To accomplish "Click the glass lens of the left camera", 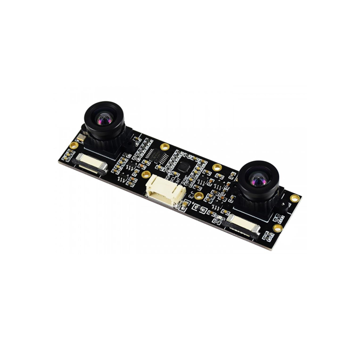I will (104, 120).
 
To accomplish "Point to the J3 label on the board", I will (191, 195).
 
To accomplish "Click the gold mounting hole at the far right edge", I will (295, 198).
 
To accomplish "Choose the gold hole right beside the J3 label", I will (199, 196).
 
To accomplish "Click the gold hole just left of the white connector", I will (146, 174).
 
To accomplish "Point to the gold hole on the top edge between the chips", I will (165, 147).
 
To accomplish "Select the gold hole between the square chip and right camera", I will (217, 167).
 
